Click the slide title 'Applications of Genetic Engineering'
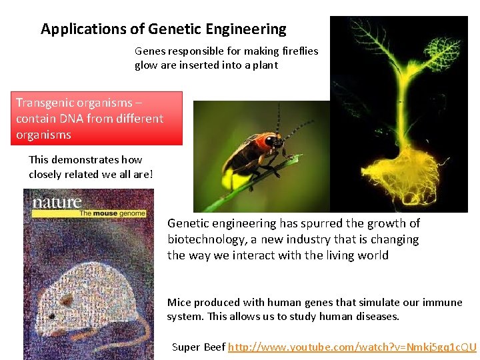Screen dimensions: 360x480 pos(163,29)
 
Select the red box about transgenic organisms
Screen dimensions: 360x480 pos(98,119)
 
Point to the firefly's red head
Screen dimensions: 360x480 pos(271,141)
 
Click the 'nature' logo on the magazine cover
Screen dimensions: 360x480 pos(57,202)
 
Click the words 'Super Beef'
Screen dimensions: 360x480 pos(198,347)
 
